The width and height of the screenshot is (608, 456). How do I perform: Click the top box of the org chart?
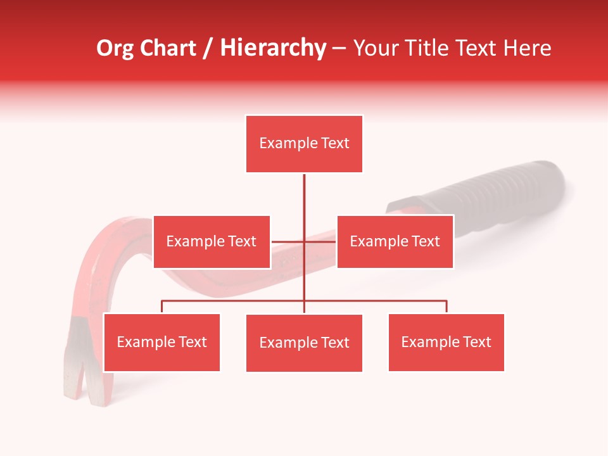point(304,144)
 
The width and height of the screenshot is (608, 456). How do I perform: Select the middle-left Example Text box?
point(212,241)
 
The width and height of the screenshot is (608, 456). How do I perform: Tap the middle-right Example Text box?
point(395,241)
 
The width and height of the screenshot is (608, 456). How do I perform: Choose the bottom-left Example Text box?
point(161,342)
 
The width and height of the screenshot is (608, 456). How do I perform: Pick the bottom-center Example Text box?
point(304,343)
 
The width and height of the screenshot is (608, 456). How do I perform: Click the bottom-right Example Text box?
point(446,342)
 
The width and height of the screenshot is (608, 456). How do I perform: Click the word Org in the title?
point(115,48)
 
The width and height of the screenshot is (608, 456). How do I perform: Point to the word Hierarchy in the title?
point(273,48)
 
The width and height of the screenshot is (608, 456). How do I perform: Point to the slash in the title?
point(208,49)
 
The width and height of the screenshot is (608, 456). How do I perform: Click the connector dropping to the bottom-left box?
point(162,307)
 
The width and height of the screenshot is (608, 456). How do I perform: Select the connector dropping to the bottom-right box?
point(446,307)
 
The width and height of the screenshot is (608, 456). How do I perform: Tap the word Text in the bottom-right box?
point(476,342)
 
